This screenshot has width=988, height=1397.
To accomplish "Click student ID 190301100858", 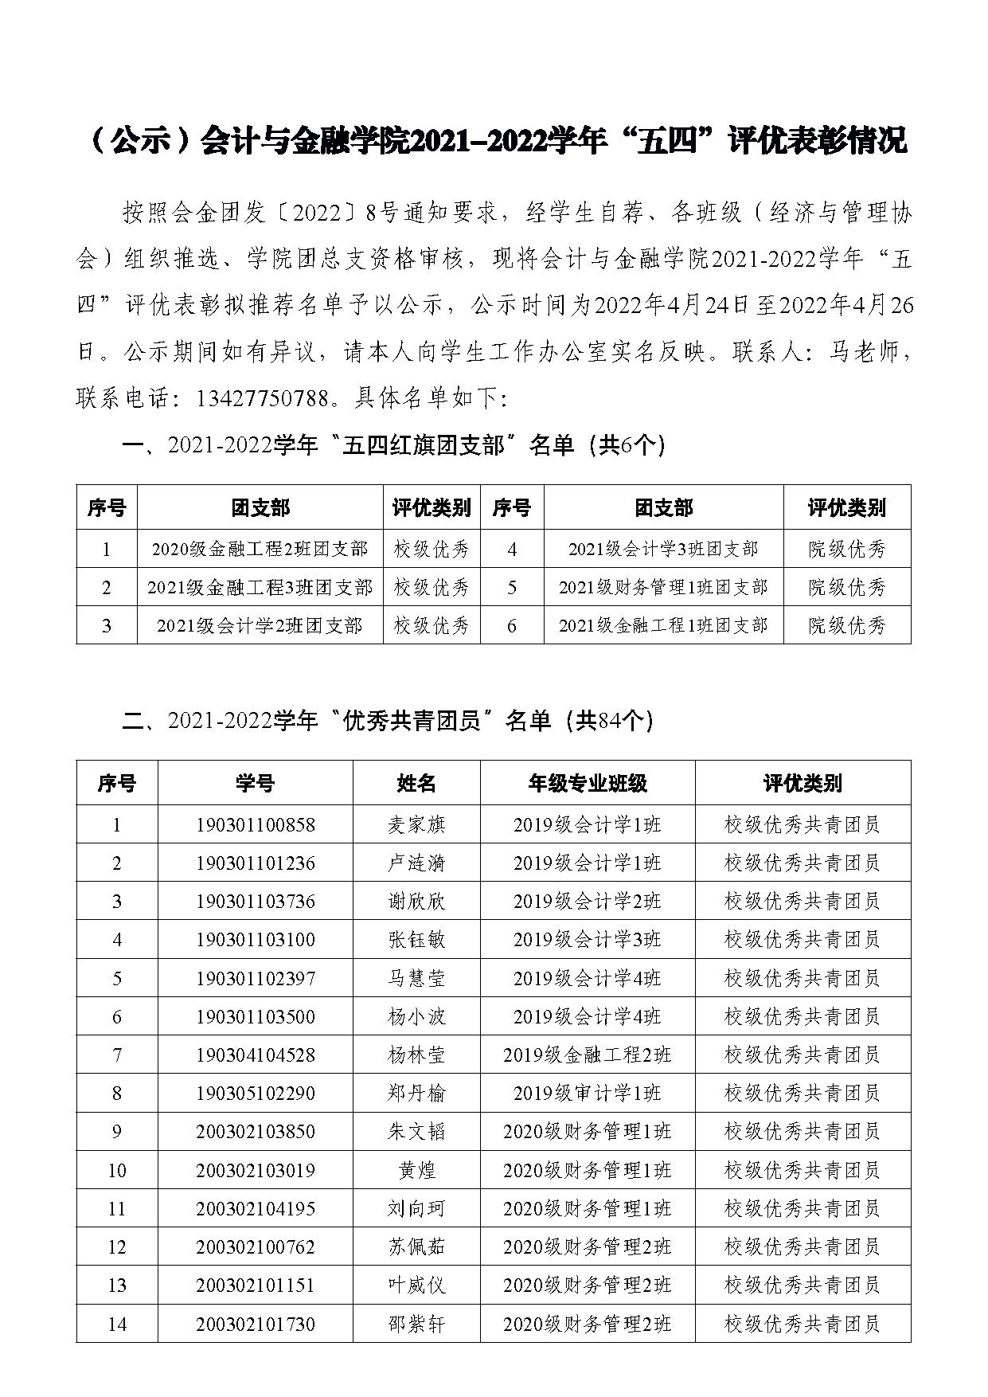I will pyautogui.click(x=255, y=824).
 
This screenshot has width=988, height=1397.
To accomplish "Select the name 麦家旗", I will pyautogui.click(x=416, y=824).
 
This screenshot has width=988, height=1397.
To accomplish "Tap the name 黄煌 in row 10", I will pyautogui.click(x=416, y=1170).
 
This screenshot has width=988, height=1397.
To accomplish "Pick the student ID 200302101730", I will pyautogui.click(x=255, y=1324).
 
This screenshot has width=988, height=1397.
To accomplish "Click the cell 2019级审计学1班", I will pyautogui.click(x=587, y=1093).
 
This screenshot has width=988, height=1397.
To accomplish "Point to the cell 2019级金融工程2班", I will pyautogui.click(x=587, y=1055).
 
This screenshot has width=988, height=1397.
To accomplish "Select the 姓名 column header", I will pyautogui.click(x=416, y=783).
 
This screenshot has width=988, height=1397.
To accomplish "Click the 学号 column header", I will pyautogui.click(x=255, y=783).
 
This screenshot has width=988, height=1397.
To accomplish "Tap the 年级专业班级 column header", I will pyautogui.click(x=587, y=783).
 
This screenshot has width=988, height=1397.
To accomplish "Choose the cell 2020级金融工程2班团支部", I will pyautogui.click(x=260, y=549).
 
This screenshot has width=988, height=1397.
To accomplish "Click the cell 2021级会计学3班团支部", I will pyautogui.click(x=663, y=549).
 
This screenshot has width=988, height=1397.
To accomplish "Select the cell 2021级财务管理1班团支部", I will pyautogui.click(x=663, y=587).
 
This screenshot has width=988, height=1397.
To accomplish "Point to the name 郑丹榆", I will pyautogui.click(x=416, y=1093).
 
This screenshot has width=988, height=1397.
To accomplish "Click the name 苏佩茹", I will pyautogui.click(x=416, y=1246).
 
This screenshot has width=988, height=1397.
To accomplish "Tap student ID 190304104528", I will pyautogui.click(x=255, y=1055).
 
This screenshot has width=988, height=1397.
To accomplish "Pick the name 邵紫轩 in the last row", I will pyautogui.click(x=416, y=1324).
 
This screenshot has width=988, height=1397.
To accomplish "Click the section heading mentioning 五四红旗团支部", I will pyautogui.click(x=393, y=445).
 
